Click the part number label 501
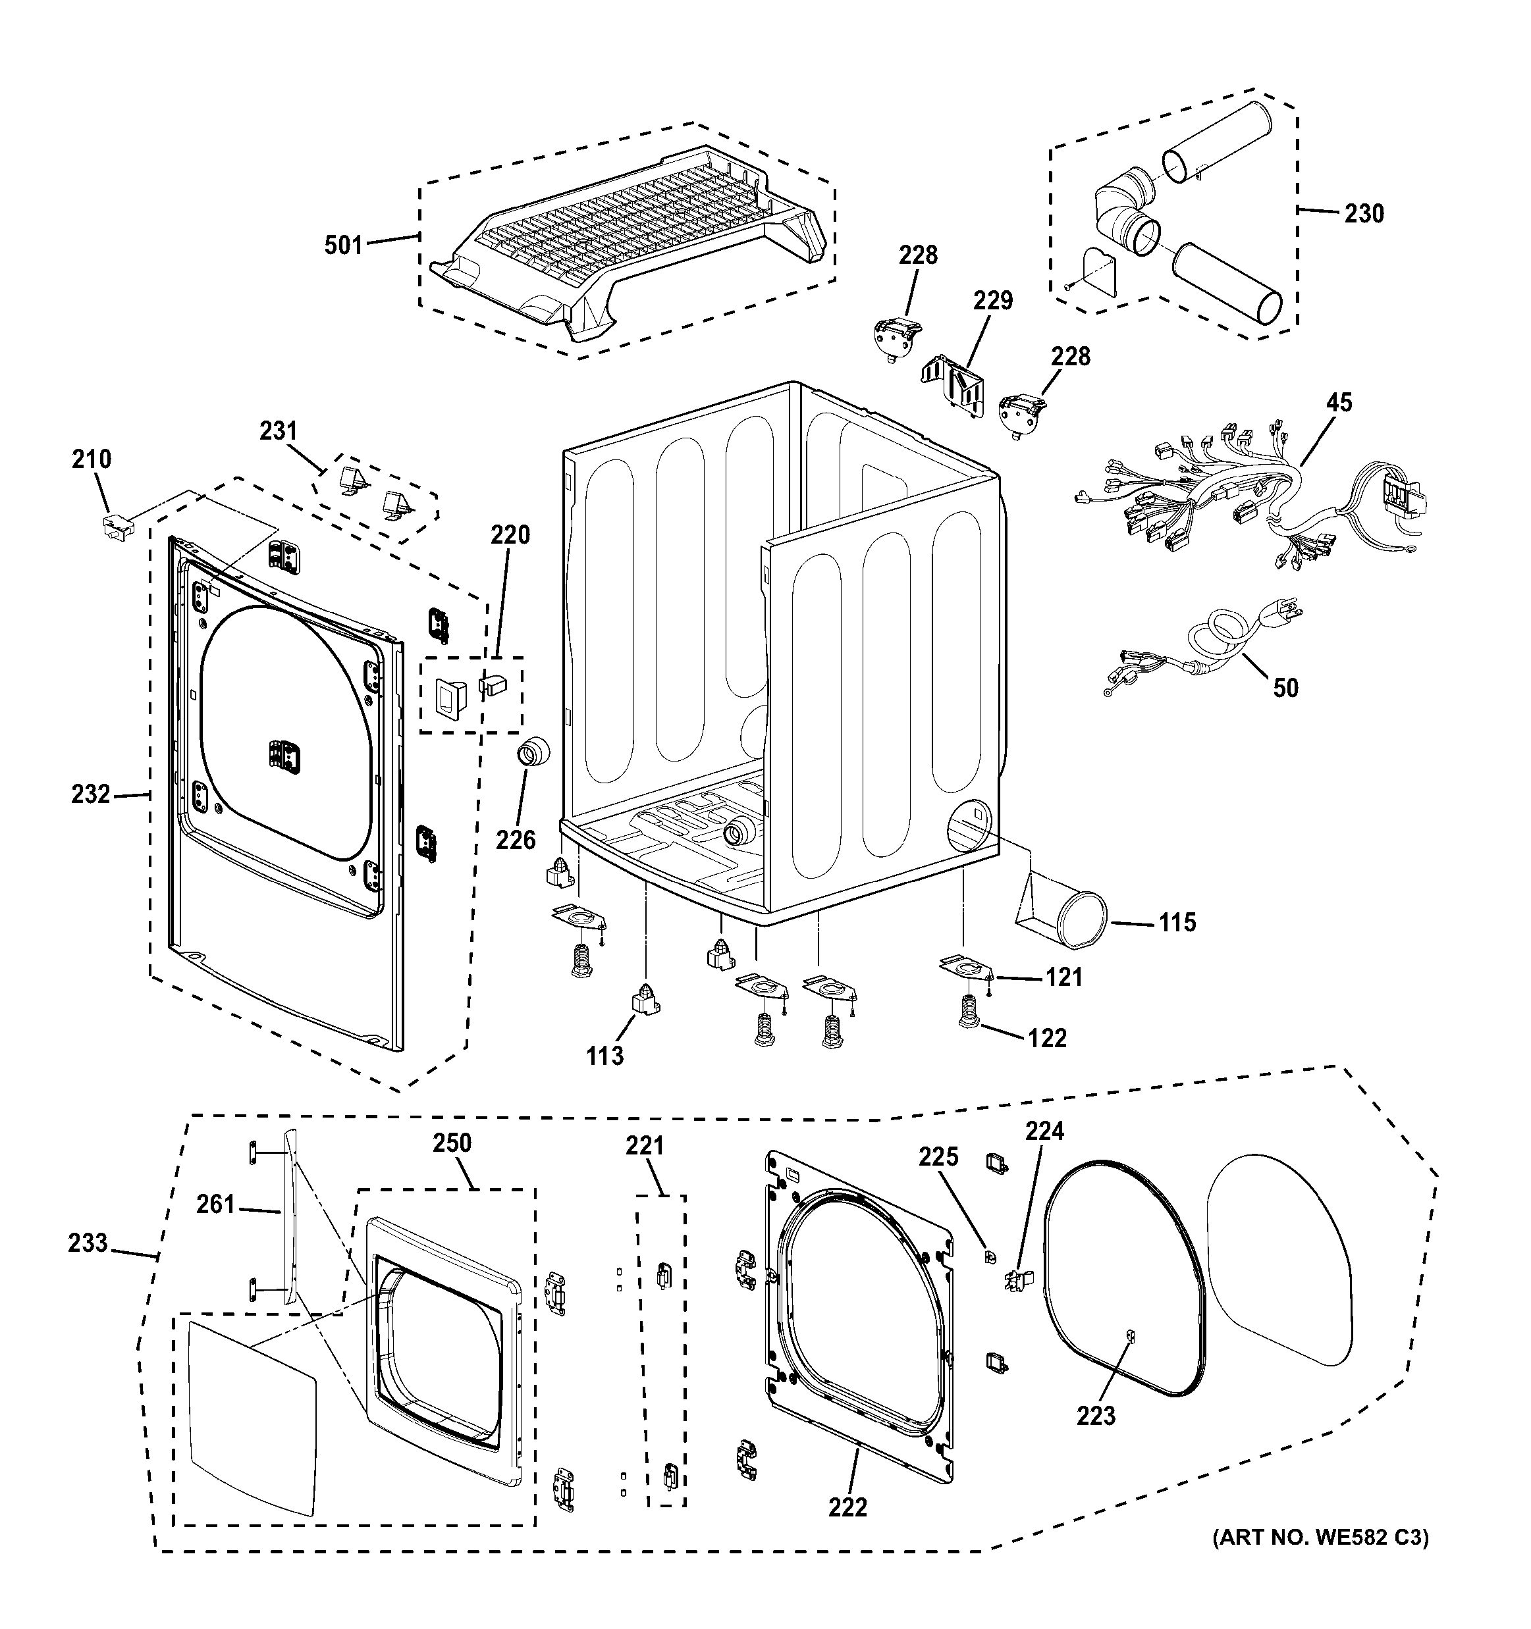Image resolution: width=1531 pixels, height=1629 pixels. click(342, 244)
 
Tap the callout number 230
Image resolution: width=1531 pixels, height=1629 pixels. click(1364, 214)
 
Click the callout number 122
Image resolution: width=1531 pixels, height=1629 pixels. click(1048, 1038)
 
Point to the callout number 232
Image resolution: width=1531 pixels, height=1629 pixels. click(90, 794)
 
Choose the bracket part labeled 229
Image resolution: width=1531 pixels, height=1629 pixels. click(955, 385)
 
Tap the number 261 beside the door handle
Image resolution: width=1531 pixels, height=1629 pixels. click(215, 1204)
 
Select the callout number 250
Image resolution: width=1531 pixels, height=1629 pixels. click(452, 1143)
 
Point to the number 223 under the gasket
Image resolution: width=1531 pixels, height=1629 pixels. click(1096, 1415)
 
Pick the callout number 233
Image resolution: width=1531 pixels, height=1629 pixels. click(88, 1243)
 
